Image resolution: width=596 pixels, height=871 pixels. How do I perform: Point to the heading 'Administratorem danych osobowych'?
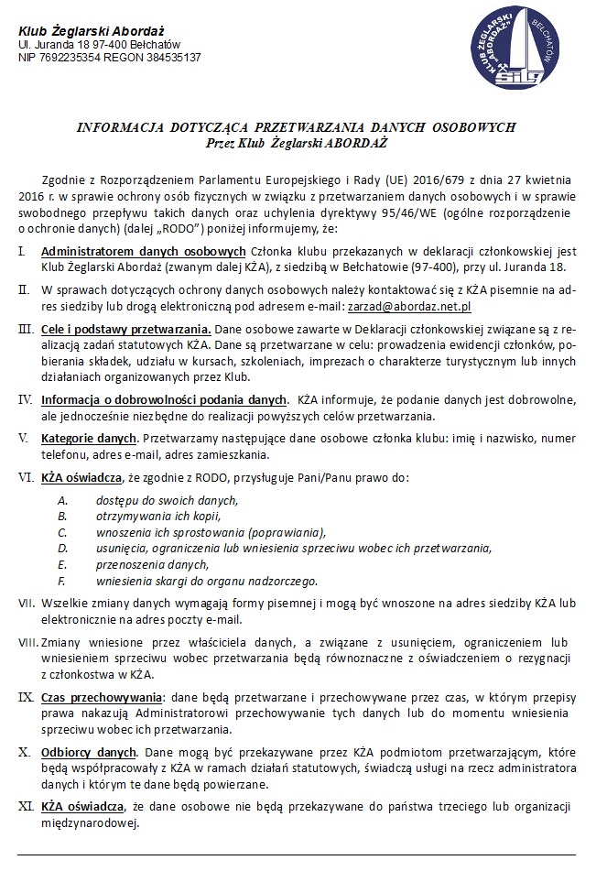click(144, 251)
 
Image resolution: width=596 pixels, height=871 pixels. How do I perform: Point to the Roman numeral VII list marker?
click(26, 604)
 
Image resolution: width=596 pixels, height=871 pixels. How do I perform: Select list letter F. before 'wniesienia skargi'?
click(61, 581)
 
